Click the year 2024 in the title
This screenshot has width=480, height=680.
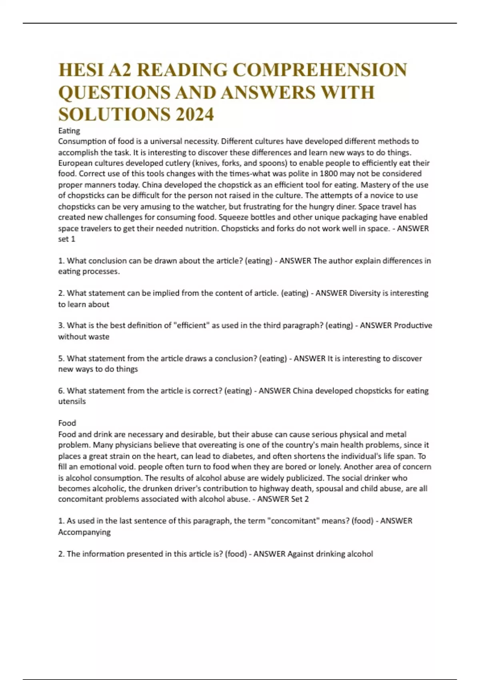point(194,114)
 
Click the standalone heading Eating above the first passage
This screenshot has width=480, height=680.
point(69,131)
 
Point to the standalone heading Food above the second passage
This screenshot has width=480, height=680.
point(67,423)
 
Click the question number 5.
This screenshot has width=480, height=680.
point(61,358)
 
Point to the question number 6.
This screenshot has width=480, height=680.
point(61,391)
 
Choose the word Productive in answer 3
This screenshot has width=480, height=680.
point(413,326)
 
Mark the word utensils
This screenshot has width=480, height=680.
point(72,402)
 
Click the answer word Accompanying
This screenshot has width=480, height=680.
point(84,532)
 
